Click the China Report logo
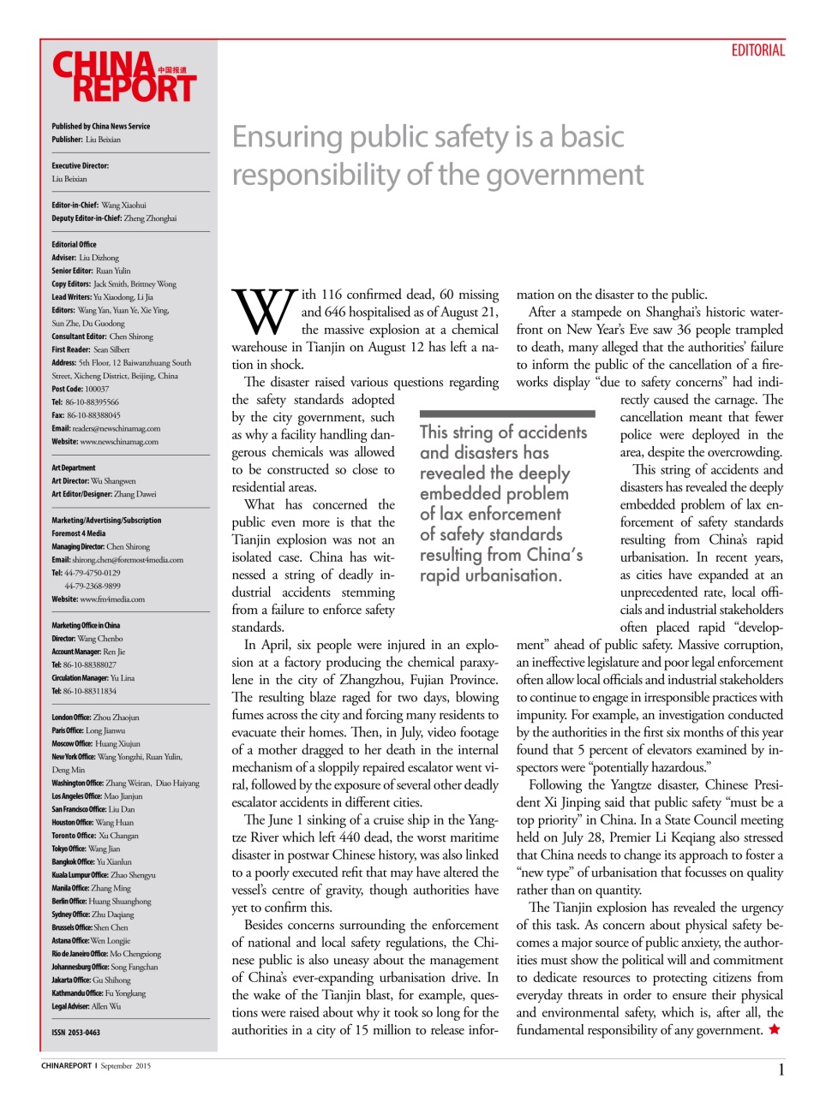124,77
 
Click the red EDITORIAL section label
757,51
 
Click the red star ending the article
775,1030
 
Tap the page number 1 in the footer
781,1069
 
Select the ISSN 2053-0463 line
75,1033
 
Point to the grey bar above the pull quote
506,414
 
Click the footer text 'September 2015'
125,1066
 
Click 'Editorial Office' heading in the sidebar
74,244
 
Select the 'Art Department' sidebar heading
74,468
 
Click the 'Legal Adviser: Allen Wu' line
86,1006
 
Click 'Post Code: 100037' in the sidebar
80,389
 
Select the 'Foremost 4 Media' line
79,533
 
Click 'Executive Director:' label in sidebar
80,165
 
